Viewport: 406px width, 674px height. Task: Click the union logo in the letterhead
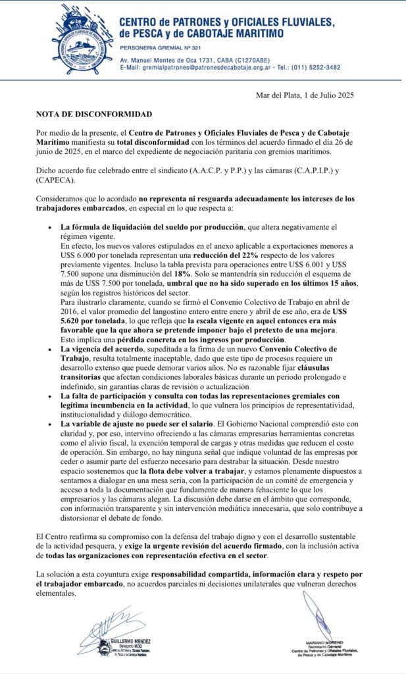(x=82, y=40)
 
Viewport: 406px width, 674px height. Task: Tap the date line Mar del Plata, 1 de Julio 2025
(x=305, y=96)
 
